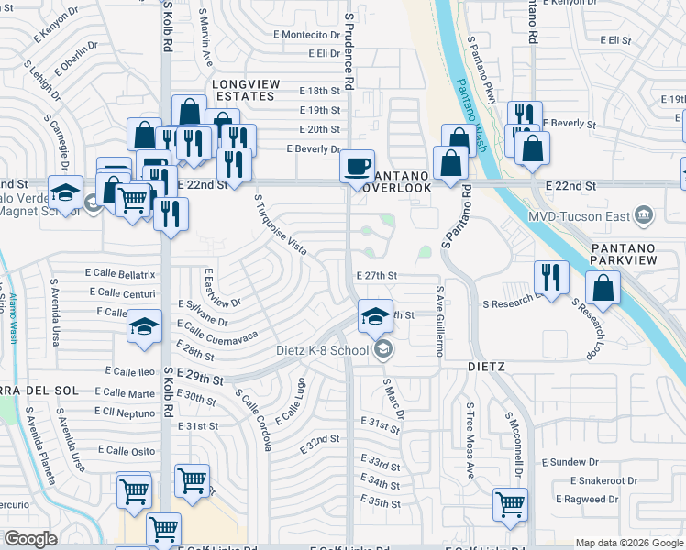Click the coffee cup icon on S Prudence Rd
coord(357,167)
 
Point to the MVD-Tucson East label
coord(580,215)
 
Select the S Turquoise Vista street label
coord(280,225)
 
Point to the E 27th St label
coord(376,275)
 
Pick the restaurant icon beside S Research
coord(550,277)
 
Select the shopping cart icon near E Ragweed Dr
coord(510,502)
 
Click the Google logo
coord(31,539)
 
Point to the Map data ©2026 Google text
coord(629,543)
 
